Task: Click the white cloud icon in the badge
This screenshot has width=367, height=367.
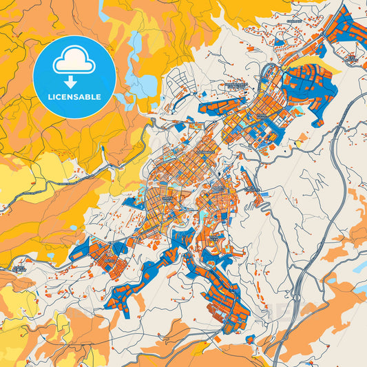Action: point(74,62)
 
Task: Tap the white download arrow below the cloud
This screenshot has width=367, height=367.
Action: point(74,81)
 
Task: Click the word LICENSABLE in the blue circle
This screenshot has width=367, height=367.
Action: point(74,96)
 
